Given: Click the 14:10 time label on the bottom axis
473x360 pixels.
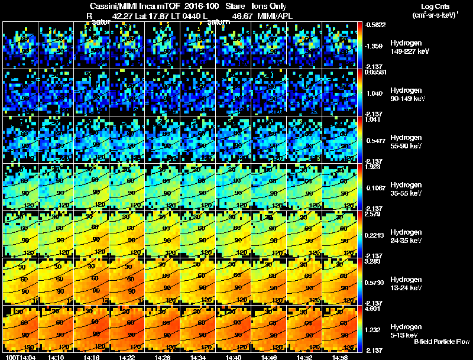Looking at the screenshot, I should pos(56,357).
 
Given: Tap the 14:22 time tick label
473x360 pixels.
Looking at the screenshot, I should pos(127,357).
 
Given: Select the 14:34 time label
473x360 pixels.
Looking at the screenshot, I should pos(197,357).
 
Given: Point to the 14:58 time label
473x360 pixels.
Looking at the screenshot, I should pos(339,357).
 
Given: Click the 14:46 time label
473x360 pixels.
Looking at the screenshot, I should pos(268,357).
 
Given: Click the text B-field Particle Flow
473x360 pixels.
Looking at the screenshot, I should pos(442,342).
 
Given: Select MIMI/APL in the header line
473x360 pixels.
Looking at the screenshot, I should pos(276,16).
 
